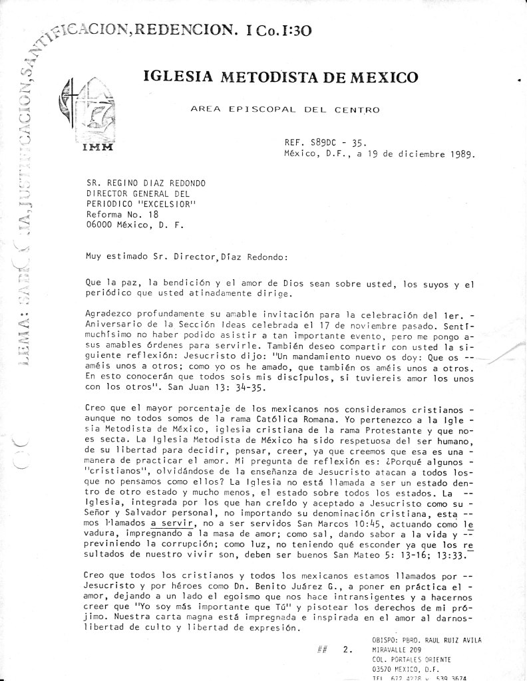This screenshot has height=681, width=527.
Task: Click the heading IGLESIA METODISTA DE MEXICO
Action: [x=281, y=77]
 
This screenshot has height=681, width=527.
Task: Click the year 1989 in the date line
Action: [x=458, y=156]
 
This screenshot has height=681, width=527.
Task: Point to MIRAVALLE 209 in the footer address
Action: [x=397, y=650]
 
